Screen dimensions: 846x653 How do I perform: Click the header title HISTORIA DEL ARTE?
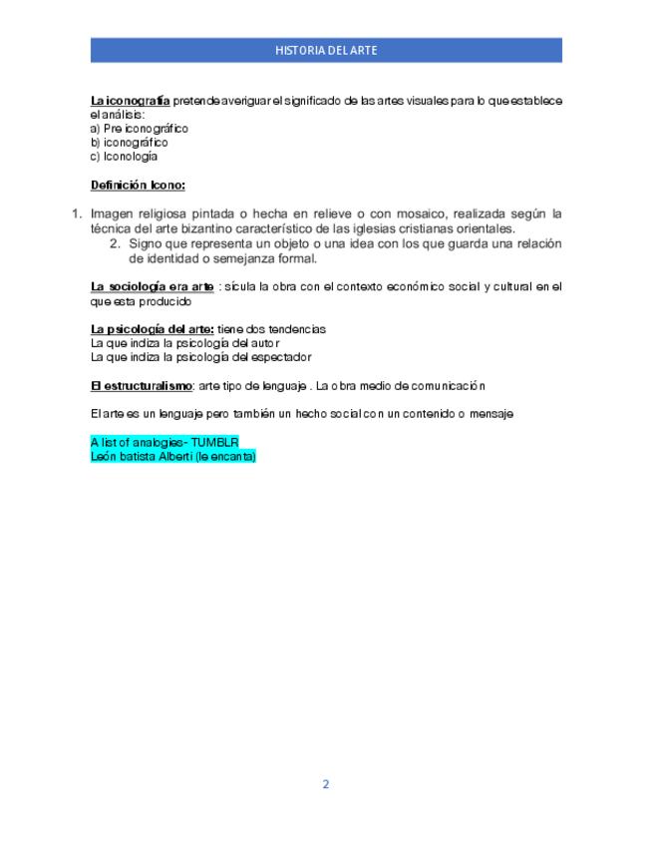[326, 50]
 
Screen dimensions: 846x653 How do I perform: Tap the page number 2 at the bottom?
[325, 784]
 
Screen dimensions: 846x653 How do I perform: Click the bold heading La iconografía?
[130, 101]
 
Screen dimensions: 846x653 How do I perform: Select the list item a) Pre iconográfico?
[140, 129]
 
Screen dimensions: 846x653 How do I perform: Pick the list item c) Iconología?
[124, 157]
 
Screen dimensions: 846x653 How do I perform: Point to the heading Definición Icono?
[138, 185]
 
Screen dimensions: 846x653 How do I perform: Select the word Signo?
[148, 243]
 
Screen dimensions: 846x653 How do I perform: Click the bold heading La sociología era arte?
[153, 287]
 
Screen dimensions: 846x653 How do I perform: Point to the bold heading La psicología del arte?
[153, 329]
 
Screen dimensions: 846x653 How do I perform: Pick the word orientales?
[484, 227]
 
